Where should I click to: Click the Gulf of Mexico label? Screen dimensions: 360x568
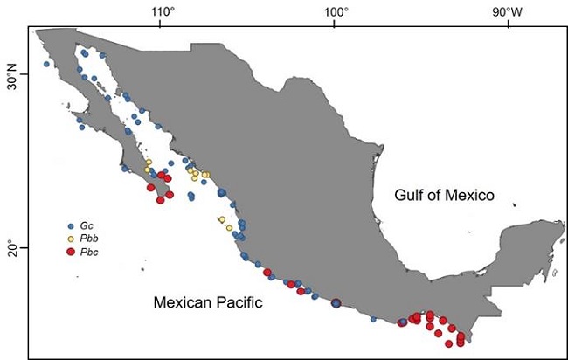[443, 195]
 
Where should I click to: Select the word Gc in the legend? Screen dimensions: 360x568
[87, 225]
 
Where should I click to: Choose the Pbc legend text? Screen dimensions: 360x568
[88, 252]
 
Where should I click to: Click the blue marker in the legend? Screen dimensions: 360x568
[71, 225]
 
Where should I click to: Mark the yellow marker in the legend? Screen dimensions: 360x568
[71, 239]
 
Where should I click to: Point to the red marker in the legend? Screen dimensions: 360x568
[71, 252]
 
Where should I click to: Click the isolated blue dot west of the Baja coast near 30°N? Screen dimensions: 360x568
[46, 64]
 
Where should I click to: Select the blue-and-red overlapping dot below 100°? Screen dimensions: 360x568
[336, 303]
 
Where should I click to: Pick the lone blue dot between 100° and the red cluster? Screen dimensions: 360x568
[373, 319]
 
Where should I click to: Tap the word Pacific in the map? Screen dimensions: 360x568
[236, 302]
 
